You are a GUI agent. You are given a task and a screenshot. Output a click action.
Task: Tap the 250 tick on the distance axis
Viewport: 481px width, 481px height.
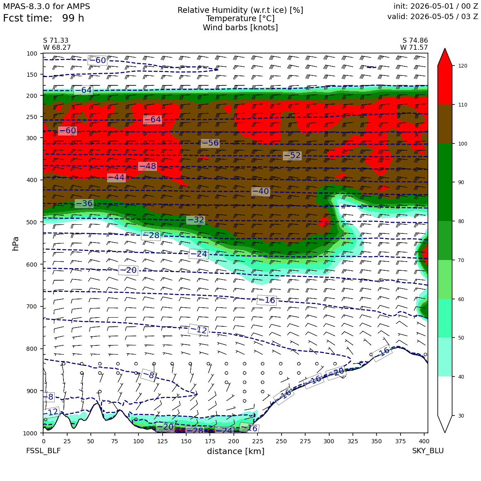pos(281,441)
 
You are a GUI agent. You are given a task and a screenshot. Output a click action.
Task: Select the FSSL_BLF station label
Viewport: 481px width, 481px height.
pos(43,451)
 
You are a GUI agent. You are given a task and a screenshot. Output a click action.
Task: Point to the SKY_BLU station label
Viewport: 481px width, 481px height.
pos(428,451)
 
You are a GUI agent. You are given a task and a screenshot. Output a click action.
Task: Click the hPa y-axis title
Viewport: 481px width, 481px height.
pos(16,244)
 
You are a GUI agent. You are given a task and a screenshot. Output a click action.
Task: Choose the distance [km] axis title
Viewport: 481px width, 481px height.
pos(236,451)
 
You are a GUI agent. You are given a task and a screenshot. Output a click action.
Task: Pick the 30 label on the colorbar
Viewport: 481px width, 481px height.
pos(461,415)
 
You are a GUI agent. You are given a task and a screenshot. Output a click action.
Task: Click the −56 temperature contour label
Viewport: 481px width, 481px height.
pos(210,143)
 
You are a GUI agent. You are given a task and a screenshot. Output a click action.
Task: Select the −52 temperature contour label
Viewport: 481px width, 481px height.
pos(292,155)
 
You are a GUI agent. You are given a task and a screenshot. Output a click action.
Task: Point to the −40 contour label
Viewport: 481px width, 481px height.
pos(260,192)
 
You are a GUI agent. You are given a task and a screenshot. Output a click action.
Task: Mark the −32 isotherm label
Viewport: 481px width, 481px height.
pos(195,220)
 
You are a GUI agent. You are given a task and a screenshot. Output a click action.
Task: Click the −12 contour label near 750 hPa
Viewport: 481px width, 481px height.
pos(199,330)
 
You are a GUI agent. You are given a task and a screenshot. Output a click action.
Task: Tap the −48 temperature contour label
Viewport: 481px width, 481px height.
pos(148,166)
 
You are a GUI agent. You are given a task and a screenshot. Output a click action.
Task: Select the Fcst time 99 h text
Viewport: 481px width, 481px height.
pos(44,18)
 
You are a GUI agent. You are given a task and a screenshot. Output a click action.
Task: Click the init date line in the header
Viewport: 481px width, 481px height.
pos(436,6)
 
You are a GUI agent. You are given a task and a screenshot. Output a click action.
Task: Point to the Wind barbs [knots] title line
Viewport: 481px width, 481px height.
pos(240,28)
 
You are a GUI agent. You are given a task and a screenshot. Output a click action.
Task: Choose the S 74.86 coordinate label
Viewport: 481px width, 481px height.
pos(415,41)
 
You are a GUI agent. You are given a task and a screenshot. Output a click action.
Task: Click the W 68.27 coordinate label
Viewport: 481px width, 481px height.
pos(57,48)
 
